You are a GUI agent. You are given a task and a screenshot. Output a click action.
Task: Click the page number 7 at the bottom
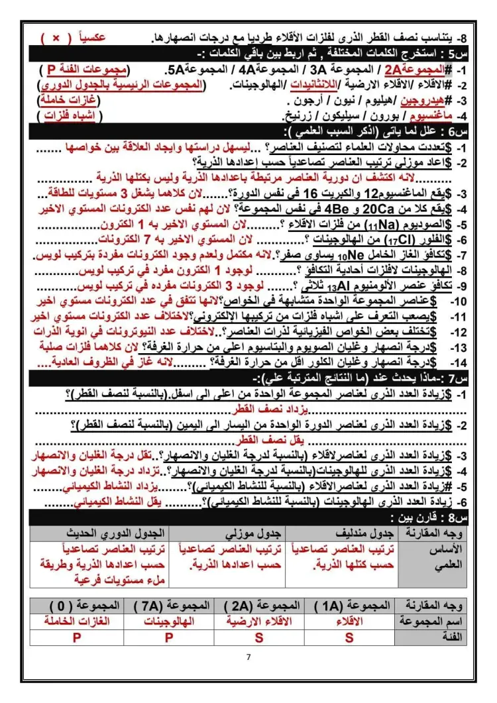(x=248, y=657)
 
